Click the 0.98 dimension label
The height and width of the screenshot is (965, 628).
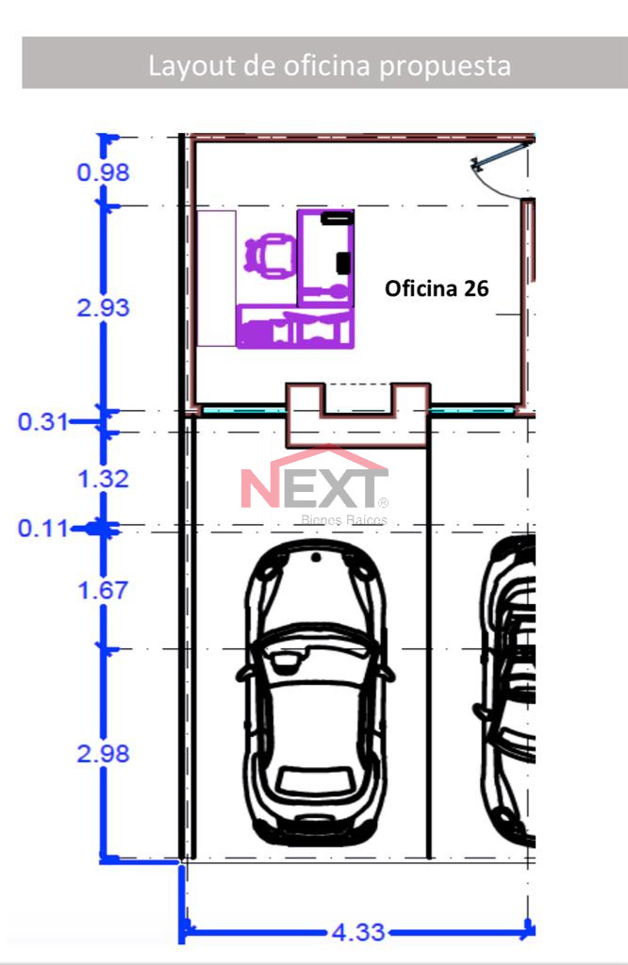coord(103,172)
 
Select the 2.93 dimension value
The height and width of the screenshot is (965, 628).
coord(103,308)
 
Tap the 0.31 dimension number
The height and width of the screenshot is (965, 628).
coord(43,422)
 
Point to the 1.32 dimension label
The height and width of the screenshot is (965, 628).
coord(103,479)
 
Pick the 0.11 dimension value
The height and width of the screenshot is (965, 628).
coord(43,528)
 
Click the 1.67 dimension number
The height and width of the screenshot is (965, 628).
coord(103,591)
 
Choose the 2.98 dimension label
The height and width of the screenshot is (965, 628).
coord(103,754)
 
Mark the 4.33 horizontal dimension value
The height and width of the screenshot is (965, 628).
coord(358,932)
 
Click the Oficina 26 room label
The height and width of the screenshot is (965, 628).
coord(437,288)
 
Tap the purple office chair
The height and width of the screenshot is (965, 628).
coord(269,255)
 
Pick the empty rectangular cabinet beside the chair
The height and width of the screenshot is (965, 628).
coord(216,278)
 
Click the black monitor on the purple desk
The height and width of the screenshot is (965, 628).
coord(343,262)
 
